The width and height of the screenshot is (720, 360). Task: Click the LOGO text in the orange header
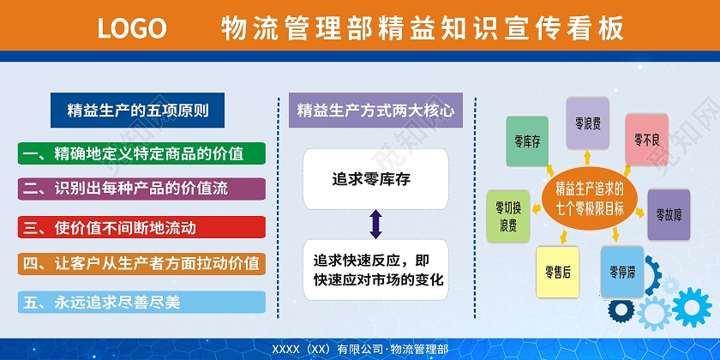131,28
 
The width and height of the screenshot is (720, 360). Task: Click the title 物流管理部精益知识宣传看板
420,28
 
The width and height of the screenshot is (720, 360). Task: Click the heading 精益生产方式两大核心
375,111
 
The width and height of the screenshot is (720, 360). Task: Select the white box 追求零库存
375,179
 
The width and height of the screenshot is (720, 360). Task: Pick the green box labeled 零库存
527,141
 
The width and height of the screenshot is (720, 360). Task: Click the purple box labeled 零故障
669,213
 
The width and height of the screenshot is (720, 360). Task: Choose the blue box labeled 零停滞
622,272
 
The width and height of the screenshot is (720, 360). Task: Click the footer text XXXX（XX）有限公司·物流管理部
359,350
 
